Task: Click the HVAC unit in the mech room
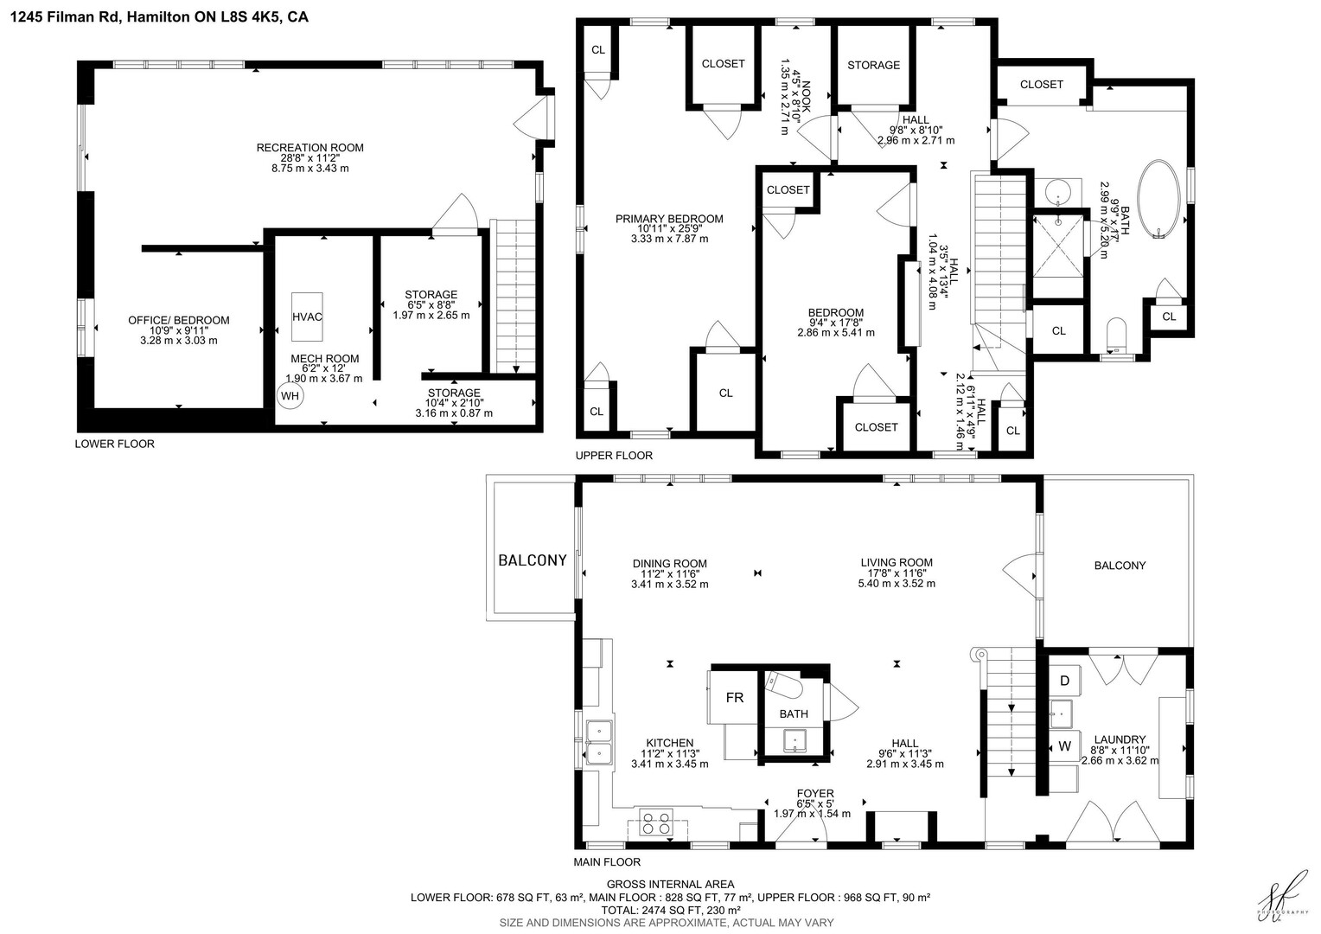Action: click(307, 317)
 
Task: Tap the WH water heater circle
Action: click(290, 396)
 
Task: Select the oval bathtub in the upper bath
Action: click(1158, 199)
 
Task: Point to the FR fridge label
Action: click(734, 697)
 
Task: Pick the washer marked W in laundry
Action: click(1064, 746)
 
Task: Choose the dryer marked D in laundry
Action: click(1064, 681)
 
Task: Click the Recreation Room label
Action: click(310, 148)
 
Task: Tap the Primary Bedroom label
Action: click(669, 219)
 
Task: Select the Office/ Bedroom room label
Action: click(179, 320)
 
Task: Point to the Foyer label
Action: click(815, 794)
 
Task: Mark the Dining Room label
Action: click(669, 564)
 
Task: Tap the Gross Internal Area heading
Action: click(671, 884)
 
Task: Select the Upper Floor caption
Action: click(614, 456)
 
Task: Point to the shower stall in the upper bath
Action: click(1058, 246)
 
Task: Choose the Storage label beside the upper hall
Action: click(873, 65)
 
